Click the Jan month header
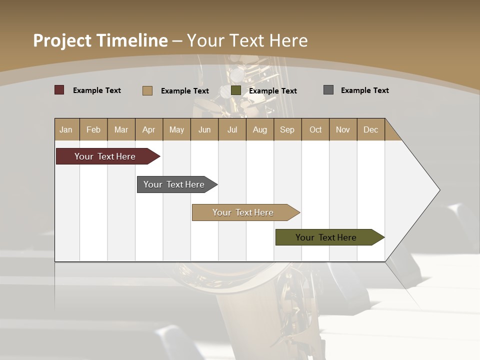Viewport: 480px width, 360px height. click(x=66, y=129)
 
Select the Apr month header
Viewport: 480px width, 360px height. click(x=149, y=129)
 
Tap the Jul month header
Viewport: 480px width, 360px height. click(x=232, y=129)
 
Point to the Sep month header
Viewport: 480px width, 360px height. click(x=287, y=129)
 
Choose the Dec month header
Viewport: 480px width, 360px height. click(x=370, y=129)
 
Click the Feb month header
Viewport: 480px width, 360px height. click(x=93, y=129)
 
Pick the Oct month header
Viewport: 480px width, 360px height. click(x=315, y=129)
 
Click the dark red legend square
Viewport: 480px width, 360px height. click(x=59, y=90)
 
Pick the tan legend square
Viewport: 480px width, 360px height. click(x=147, y=90)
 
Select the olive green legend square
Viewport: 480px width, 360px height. click(x=236, y=90)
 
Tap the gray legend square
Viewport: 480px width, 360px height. click(x=328, y=90)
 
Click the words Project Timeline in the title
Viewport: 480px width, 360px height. click(x=100, y=40)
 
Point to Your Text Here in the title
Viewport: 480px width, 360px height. click(x=247, y=40)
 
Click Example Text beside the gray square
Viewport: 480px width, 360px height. click(x=364, y=90)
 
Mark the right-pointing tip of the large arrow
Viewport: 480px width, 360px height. click(x=438, y=190)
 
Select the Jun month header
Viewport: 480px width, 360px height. click(x=204, y=129)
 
